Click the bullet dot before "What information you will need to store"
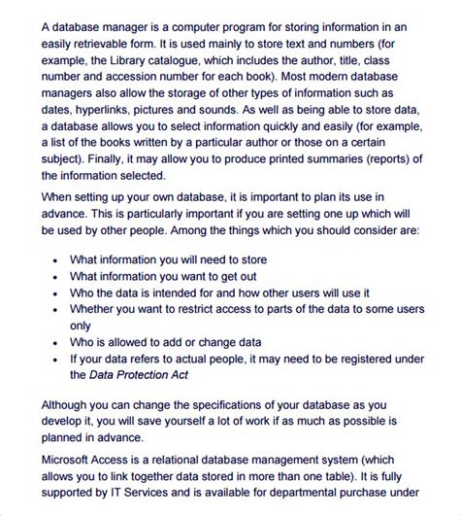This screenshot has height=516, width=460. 55,260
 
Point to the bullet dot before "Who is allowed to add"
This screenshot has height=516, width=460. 55,343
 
